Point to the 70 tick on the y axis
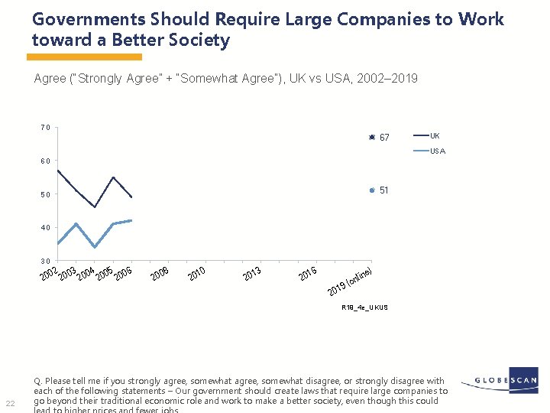point(46,128)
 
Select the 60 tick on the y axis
point(46,161)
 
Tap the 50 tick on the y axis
point(46,194)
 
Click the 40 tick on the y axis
point(46,228)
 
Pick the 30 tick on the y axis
point(46,261)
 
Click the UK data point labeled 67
point(370,137)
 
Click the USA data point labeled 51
point(370,190)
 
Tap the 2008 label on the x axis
point(160,273)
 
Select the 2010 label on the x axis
point(196,273)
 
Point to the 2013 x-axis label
point(252,273)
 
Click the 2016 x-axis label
point(308,273)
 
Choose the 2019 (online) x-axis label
point(350,282)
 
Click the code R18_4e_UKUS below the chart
point(364,307)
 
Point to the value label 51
point(384,190)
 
